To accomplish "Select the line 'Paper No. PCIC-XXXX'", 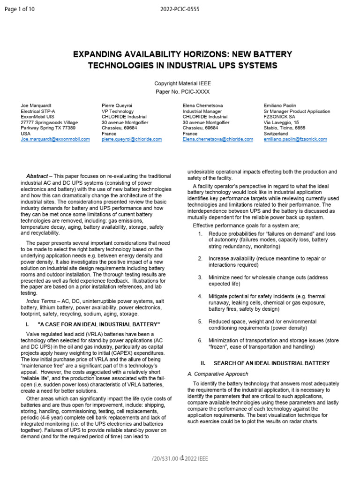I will [180, 91].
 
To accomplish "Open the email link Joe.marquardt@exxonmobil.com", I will [55, 139].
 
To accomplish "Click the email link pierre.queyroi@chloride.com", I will [132, 139].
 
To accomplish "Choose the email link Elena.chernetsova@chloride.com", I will [215, 139].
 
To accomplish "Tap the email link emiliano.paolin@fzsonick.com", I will [295, 139].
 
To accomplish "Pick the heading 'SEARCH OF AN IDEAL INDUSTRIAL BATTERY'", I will [271, 363].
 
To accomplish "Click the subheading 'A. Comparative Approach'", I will [218, 374].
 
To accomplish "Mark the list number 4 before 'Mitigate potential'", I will [200, 297].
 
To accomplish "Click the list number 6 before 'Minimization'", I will [200, 340].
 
